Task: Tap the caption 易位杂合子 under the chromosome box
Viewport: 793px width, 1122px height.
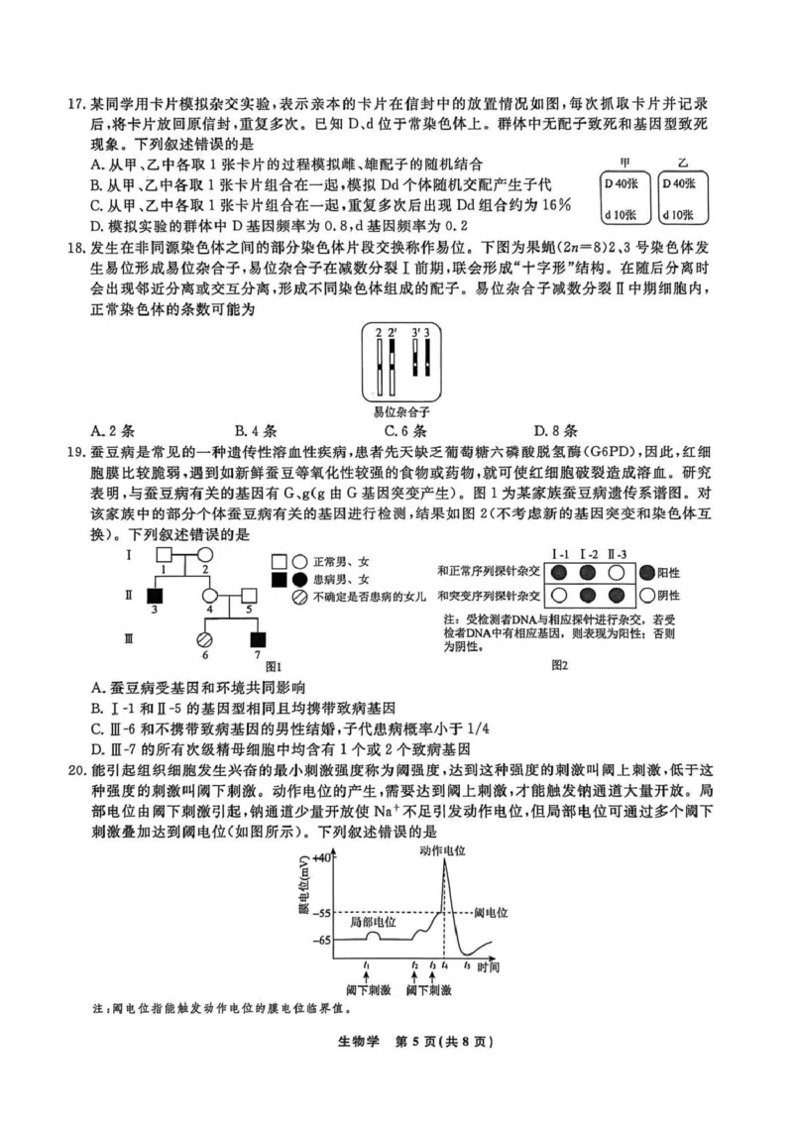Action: pyautogui.click(x=400, y=409)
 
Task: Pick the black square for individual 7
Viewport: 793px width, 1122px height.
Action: pyautogui.click(x=259, y=639)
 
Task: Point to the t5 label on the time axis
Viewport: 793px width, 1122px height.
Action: pyautogui.click(x=467, y=964)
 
